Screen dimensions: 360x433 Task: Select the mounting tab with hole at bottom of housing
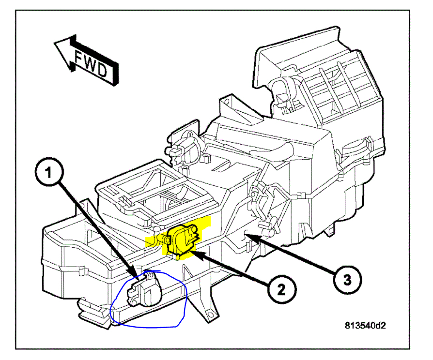(x=210, y=315)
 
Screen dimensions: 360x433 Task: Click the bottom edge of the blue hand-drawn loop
(x=145, y=327)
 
